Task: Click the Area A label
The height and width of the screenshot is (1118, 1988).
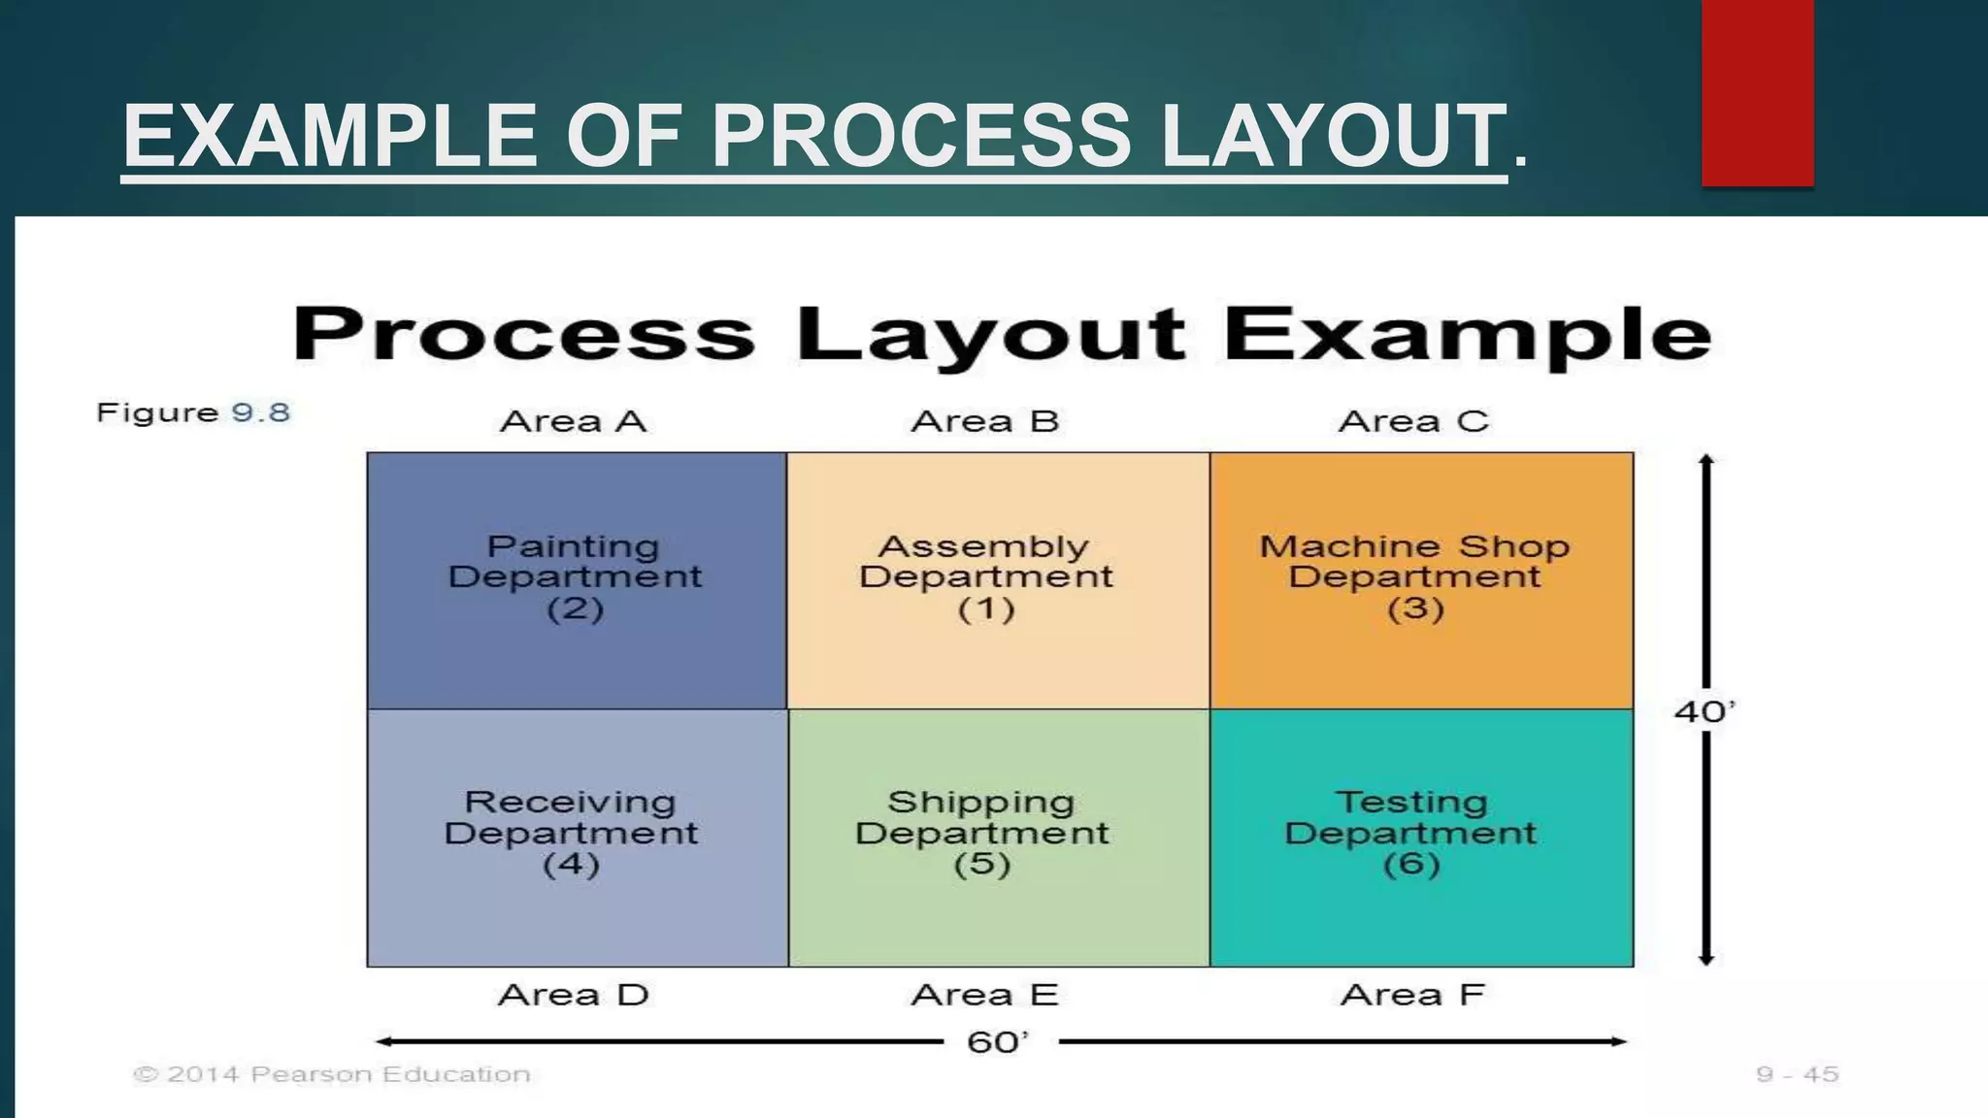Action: click(x=573, y=421)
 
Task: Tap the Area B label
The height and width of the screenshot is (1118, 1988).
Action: click(x=984, y=421)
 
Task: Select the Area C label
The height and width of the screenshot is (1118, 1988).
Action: click(x=1413, y=421)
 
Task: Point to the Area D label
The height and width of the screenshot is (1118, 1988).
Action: click(x=573, y=995)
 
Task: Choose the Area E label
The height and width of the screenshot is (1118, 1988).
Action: click(x=984, y=995)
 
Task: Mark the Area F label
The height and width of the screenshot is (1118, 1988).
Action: click(x=1412, y=995)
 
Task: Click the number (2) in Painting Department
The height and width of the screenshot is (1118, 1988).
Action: click(x=575, y=609)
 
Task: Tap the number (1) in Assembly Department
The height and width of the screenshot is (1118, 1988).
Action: click(x=985, y=609)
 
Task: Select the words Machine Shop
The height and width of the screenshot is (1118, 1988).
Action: click(x=1414, y=546)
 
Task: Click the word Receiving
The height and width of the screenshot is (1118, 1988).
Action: click(x=570, y=803)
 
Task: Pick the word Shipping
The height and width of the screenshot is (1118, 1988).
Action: click(x=981, y=803)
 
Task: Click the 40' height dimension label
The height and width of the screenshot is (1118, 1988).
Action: click(x=1704, y=711)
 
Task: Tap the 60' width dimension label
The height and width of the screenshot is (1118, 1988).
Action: click(x=997, y=1042)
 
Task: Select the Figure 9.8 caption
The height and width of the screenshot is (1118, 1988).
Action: click(x=193, y=412)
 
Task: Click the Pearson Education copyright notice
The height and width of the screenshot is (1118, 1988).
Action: click(x=332, y=1074)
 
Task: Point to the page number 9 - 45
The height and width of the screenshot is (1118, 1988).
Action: click(x=1797, y=1074)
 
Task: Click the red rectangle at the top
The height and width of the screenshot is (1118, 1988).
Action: click(x=1757, y=92)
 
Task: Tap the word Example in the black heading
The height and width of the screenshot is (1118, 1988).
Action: click(x=1467, y=334)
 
